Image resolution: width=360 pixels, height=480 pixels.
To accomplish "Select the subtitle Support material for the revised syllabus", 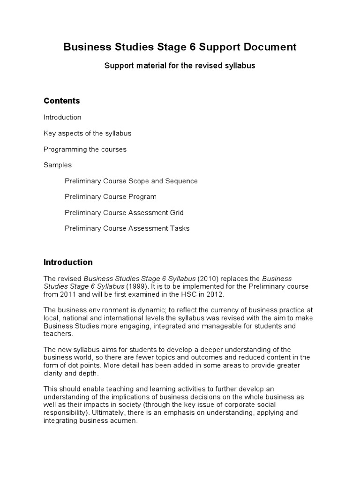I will coord(180,66).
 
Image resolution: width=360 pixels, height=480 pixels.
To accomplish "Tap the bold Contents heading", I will coord(62,101).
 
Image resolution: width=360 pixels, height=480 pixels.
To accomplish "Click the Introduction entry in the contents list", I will coord(62,117).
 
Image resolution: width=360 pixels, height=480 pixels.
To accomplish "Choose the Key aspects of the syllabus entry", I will coord(87,133).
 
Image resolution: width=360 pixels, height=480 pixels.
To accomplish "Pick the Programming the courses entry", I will coord(85,149).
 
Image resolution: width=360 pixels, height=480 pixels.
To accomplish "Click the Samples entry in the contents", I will coord(58,165).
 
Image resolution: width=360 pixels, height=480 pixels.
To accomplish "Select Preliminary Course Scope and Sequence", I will coord(131,181).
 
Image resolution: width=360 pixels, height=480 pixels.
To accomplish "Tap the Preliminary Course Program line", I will coord(111,197).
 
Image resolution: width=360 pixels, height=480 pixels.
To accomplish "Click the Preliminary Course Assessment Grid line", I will coord(124,213).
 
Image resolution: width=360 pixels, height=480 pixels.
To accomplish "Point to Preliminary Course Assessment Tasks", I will coord(127,229).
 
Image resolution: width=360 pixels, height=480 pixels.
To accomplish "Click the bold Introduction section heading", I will coord(68,262).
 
